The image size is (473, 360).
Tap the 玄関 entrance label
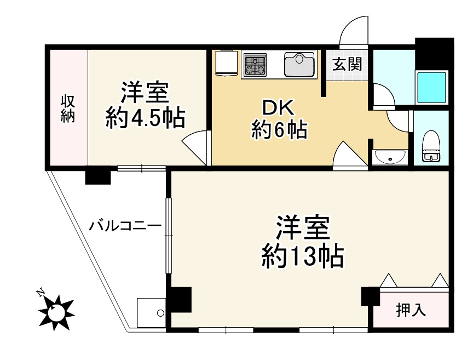tap(347, 64)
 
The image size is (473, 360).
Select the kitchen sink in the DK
tap(299, 64)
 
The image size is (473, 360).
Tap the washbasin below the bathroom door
tap(389, 158)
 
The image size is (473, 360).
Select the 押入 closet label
tap(411, 310)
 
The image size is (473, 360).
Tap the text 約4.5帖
tap(145, 118)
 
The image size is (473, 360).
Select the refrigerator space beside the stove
tap(226, 64)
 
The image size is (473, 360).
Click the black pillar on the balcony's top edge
tap(97, 176)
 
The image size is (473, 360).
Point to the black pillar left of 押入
tap(370, 296)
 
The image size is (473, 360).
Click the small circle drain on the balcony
tap(160, 313)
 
